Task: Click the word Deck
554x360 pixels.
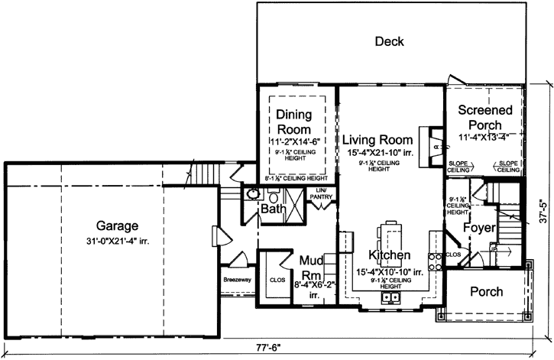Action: coord(389,41)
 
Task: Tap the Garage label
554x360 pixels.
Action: coord(117,226)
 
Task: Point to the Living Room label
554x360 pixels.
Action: coord(377,140)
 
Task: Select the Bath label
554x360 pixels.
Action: coord(273,209)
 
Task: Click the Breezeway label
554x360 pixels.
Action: coord(238,281)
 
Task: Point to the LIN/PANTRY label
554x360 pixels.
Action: coord(321,193)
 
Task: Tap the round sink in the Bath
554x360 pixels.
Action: coord(252,195)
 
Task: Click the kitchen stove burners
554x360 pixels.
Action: coord(436,261)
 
